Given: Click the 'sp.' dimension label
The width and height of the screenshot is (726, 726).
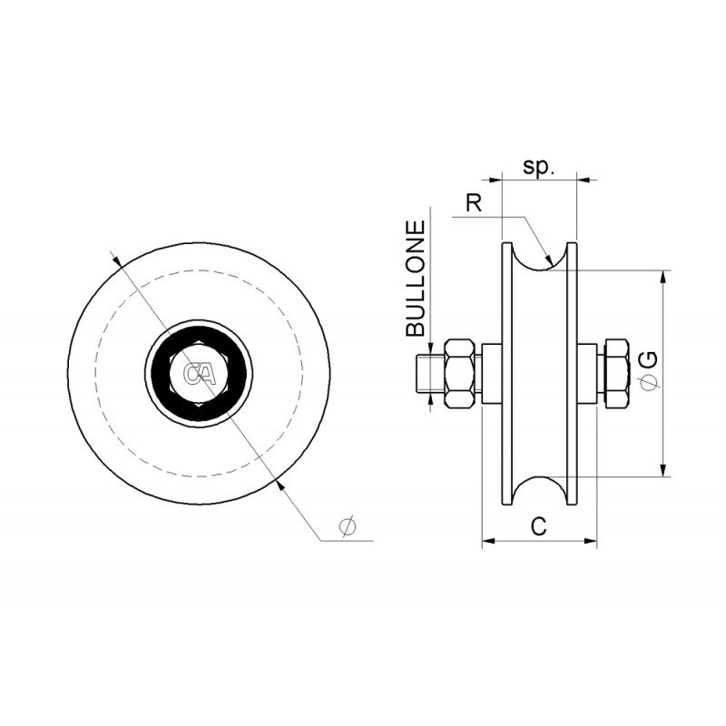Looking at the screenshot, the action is [538, 166].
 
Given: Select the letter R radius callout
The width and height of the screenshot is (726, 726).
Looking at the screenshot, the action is [474, 202].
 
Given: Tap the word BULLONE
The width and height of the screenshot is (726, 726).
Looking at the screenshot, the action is [416, 279].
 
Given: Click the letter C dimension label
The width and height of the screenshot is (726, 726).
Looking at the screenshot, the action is [539, 526].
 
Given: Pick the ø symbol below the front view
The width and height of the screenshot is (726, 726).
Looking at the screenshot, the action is [348, 525].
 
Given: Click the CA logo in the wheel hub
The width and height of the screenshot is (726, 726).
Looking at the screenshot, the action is [199, 374].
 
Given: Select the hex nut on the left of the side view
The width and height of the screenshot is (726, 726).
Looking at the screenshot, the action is [460, 373].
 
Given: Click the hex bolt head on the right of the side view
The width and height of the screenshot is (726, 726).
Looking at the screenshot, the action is [617, 373].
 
